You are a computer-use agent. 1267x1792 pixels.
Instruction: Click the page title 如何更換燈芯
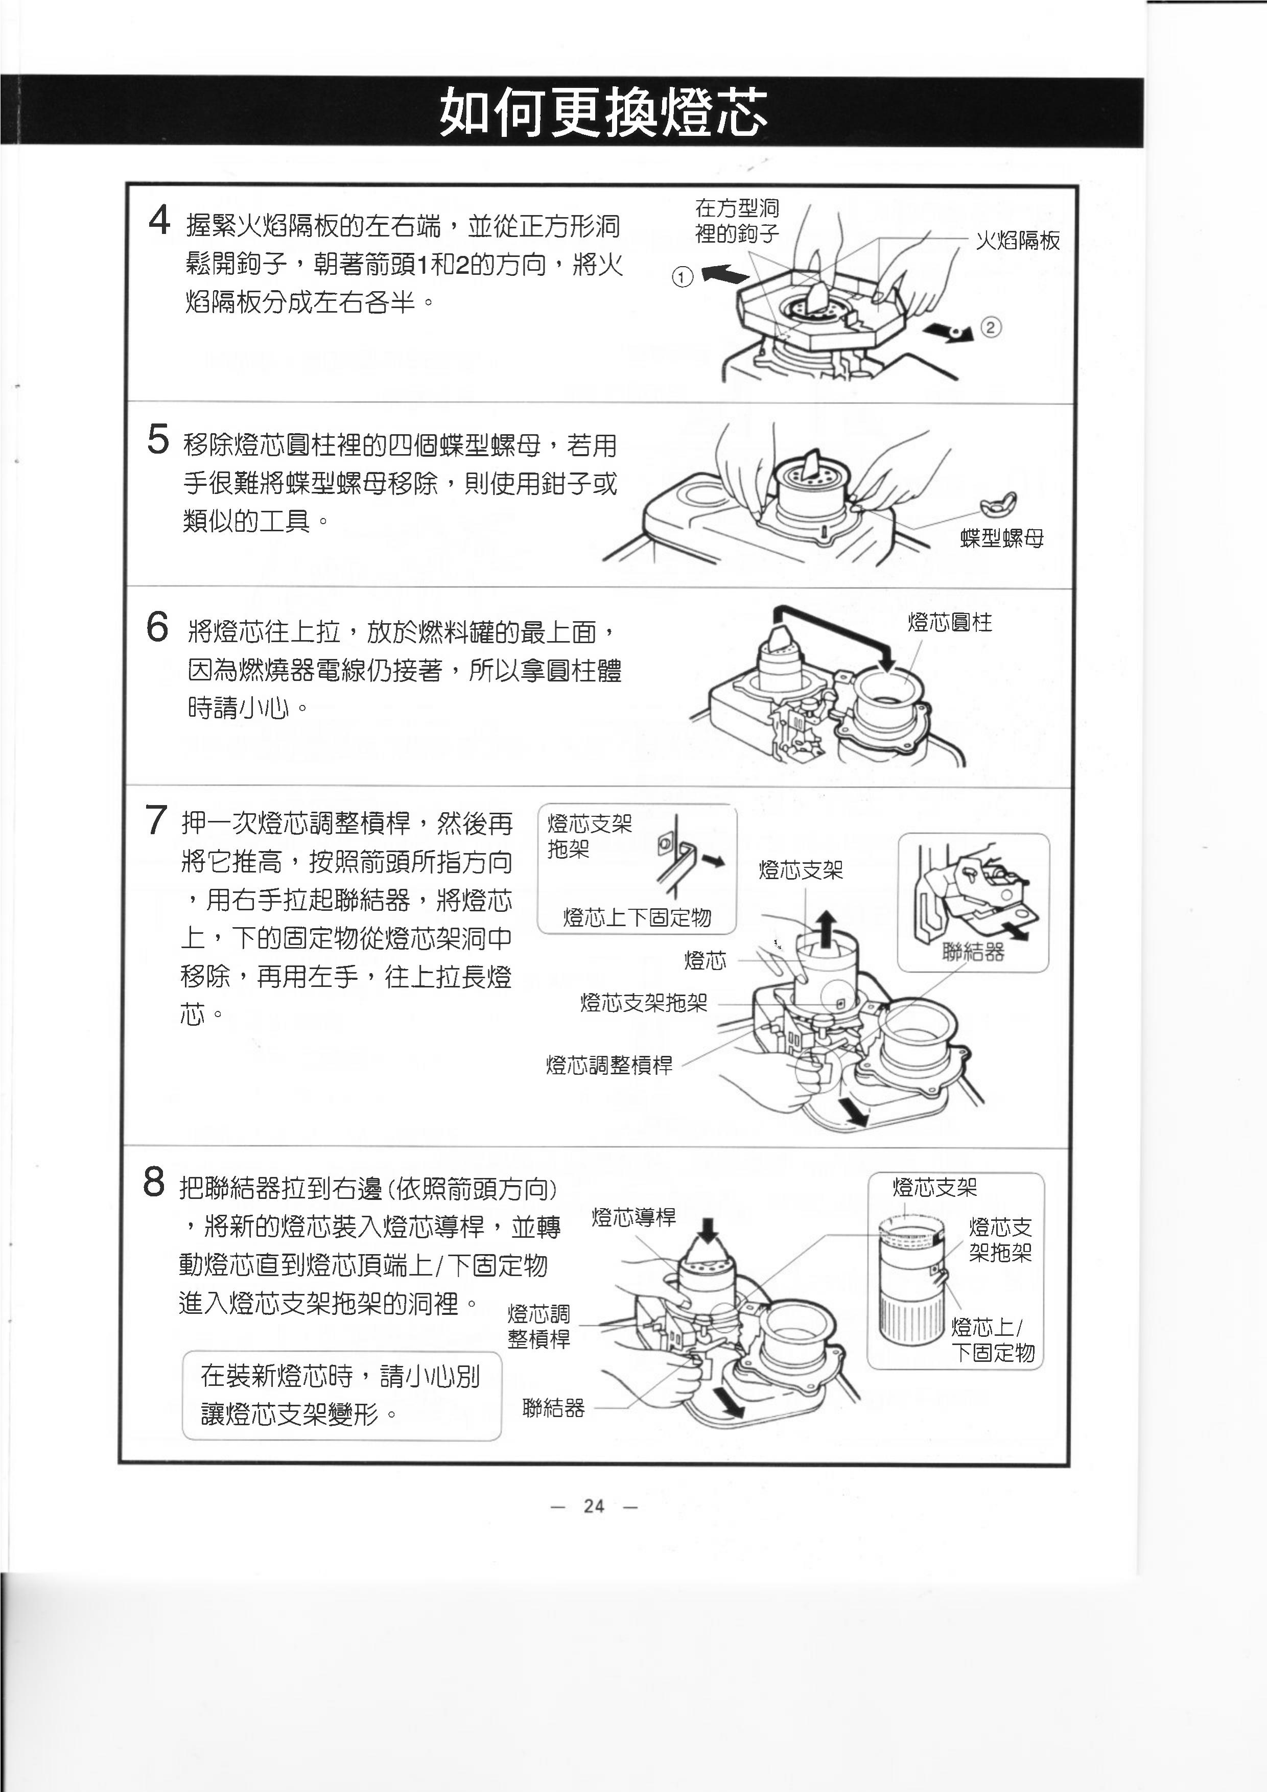click(x=603, y=113)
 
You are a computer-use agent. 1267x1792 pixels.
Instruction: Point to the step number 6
click(x=157, y=627)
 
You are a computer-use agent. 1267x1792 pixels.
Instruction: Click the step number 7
click(x=155, y=820)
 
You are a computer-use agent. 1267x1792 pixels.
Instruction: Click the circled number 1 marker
click(x=683, y=277)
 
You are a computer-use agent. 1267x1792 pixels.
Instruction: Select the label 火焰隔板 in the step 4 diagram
click(x=1018, y=241)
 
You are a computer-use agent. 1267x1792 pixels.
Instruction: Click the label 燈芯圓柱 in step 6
click(x=949, y=623)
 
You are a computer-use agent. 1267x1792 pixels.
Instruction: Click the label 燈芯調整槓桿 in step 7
click(x=609, y=1066)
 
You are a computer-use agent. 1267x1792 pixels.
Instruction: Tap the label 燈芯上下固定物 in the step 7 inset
click(x=637, y=918)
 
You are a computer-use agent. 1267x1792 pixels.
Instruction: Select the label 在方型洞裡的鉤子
click(x=737, y=221)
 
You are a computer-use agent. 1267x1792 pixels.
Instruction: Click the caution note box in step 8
click(x=341, y=1396)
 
